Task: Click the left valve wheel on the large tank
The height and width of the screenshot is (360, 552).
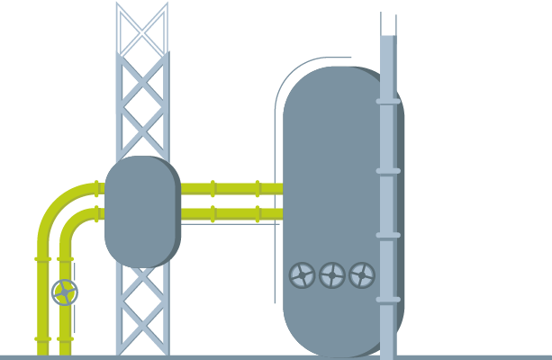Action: pyautogui.click(x=303, y=274)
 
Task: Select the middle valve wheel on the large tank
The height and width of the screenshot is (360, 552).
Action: pyautogui.click(x=332, y=274)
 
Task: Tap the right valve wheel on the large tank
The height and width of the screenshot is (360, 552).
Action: pyautogui.click(x=362, y=274)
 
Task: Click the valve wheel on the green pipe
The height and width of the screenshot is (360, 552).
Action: pyautogui.click(x=65, y=292)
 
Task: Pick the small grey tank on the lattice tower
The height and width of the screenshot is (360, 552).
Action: pyautogui.click(x=142, y=211)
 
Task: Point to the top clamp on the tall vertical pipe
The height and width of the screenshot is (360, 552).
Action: pyautogui.click(x=388, y=102)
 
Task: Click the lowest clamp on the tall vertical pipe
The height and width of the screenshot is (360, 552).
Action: pyautogui.click(x=388, y=299)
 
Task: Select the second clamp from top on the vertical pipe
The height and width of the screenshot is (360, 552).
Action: pyautogui.click(x=388, y=170)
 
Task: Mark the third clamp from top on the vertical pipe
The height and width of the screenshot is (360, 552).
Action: pyautogui.click(x=388, y=235)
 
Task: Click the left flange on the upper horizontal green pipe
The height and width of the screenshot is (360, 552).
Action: pyautogui.click(x=213, y=189)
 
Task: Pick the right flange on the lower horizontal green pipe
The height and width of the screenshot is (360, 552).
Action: pyautogui.click(x=258, y=214)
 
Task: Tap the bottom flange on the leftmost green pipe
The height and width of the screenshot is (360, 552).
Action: pyautogui.click(x=42, y=338)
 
